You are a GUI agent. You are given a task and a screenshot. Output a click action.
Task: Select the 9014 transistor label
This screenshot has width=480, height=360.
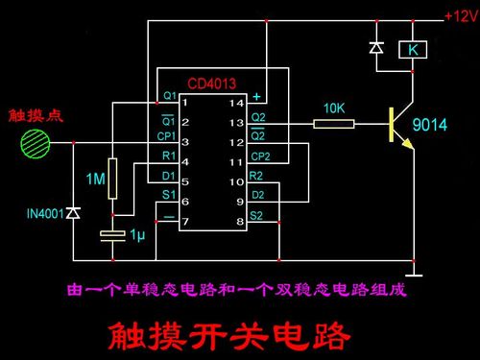point(431,124)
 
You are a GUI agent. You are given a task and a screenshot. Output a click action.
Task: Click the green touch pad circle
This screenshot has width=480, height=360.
point(35,143)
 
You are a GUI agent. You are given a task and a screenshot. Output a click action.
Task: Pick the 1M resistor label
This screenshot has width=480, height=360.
point(95,179)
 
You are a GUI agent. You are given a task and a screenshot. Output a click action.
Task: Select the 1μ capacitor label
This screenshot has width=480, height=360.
point(138,234)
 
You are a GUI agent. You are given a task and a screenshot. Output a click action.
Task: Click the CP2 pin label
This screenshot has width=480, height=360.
point(259,156)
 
